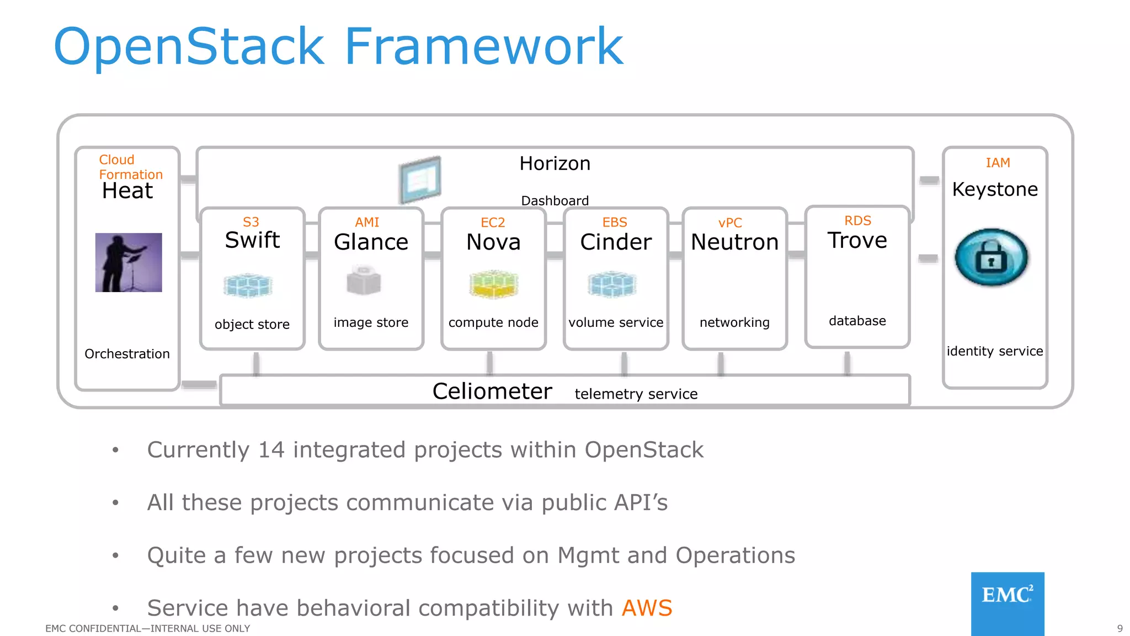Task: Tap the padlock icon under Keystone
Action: tap(991, 257)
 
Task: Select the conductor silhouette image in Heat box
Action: tap(129, 262)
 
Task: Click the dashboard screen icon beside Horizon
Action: tap(420, 180)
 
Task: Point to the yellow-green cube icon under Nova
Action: tap(493, 284)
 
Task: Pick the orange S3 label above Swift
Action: tap(250, 222)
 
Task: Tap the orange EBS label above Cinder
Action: tap(615, 222)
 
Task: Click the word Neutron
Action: tap(734, 242)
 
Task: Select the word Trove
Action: tap(857, 240)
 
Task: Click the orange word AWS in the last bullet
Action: tap(647, 608)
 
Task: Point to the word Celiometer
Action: tap(492, 391)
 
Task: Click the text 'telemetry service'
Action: tap(636, 394)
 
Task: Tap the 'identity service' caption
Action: tap(994, 351)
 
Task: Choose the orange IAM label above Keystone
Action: tap(998, 163)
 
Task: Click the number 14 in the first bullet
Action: tap(271, 449)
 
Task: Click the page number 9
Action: tap(1120, 628)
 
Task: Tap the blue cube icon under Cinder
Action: tap(612, 284)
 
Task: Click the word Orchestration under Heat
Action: tap(127, 354)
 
